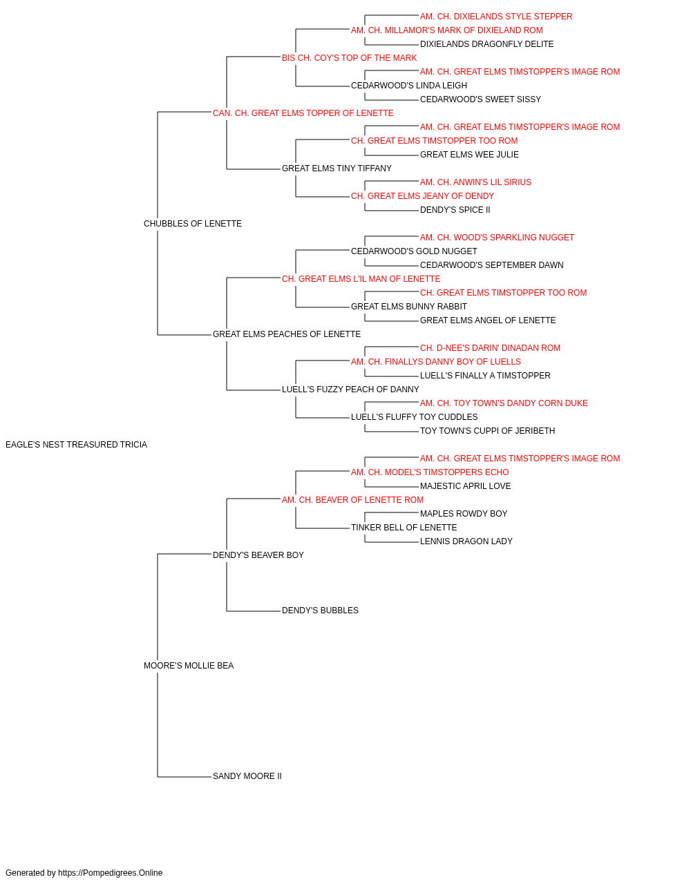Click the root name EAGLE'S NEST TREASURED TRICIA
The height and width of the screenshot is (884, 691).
tap(76, 445)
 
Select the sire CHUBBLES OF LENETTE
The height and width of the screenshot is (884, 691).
tap(193, 224)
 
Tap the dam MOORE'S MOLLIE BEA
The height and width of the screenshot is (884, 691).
tap(189, 666)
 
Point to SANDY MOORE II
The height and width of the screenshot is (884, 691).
tap(247, 776)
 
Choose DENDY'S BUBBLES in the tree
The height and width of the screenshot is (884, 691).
tap(320, 611)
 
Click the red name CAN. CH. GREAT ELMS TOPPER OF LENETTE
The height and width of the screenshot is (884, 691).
tap(303, 113)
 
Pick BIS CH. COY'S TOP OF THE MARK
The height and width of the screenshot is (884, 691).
tap(349, 58)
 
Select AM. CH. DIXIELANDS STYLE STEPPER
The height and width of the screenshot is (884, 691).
tap(496, 17)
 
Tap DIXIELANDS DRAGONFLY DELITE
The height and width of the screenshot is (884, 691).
tap(486, 44)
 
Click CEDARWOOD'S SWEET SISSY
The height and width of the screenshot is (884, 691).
tap(480, 99)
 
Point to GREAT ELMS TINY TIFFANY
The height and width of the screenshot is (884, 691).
tap(337, 169)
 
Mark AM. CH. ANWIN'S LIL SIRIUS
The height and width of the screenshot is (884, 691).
tap(475, 182)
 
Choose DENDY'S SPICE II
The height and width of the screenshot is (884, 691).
tap(455, 210)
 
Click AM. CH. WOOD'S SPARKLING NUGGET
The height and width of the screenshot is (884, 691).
tap(497, 238)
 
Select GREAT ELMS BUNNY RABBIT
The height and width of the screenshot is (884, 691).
tap(409, 307)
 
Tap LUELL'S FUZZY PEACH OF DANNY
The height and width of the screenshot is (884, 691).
tap(350, 390)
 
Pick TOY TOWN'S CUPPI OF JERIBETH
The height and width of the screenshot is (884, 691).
tap(488, 431)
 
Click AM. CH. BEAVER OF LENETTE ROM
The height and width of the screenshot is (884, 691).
tap(353, 500)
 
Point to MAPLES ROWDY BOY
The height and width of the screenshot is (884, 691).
tap(464, 514)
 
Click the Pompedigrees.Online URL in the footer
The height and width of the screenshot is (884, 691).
tap(110, 873)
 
